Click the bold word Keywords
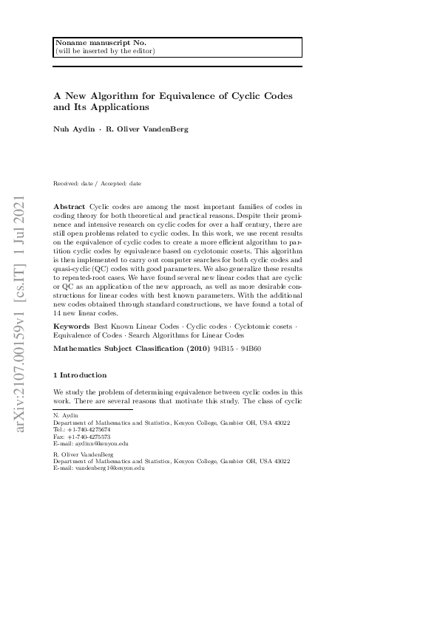pos(72,346)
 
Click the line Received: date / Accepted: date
pos(97,183)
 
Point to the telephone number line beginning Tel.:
pos(82,429)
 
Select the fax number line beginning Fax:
pos(82,436)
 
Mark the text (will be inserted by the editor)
pos(105,51)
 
